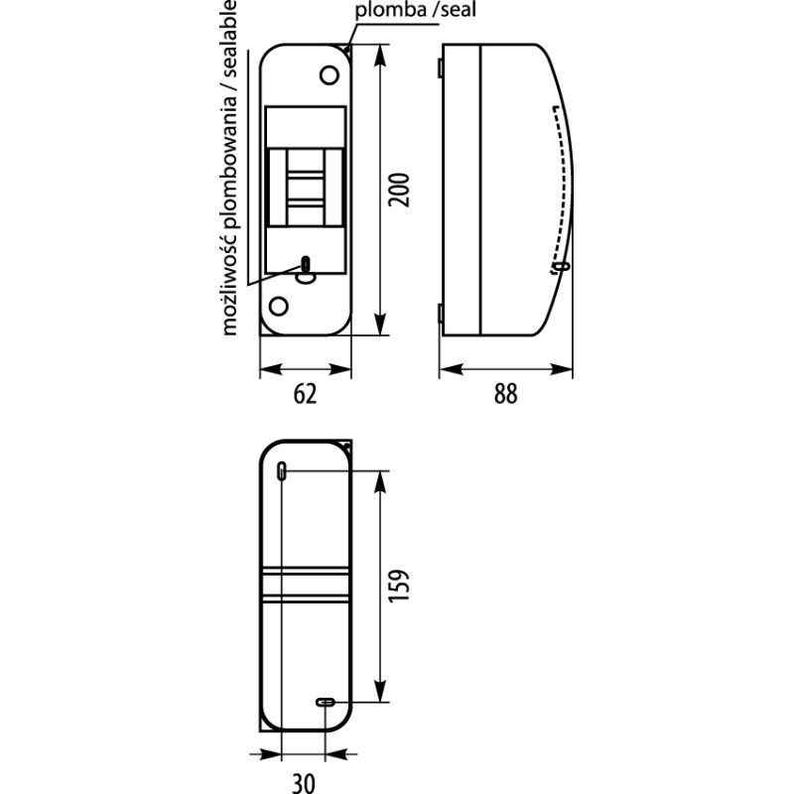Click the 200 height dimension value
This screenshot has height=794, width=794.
coord(399,190)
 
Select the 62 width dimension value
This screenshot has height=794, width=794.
coord(306,394)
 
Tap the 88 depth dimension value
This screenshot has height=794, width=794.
coord(505,394)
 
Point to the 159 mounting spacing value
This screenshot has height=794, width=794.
coord(399,586)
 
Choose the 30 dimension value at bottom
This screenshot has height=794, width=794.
coord(304,783)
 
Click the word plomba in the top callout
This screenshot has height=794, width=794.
coord(391,11)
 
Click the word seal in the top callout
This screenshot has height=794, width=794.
coord(458,10)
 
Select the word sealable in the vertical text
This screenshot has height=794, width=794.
coord(229,39)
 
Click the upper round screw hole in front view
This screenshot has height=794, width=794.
coord(330,75)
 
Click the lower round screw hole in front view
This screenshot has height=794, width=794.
coord(279,306)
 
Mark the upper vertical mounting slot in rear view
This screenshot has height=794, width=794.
coord(282,470)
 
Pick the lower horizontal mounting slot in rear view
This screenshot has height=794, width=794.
coord(326,703)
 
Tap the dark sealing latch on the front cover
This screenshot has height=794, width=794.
coord(306,264)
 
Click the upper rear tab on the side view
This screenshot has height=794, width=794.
coord(441,67)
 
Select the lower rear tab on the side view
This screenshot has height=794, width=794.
coord(441,314)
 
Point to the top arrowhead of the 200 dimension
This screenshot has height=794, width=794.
coord(380,56)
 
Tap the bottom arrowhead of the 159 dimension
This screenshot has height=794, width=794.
coord(380,691)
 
